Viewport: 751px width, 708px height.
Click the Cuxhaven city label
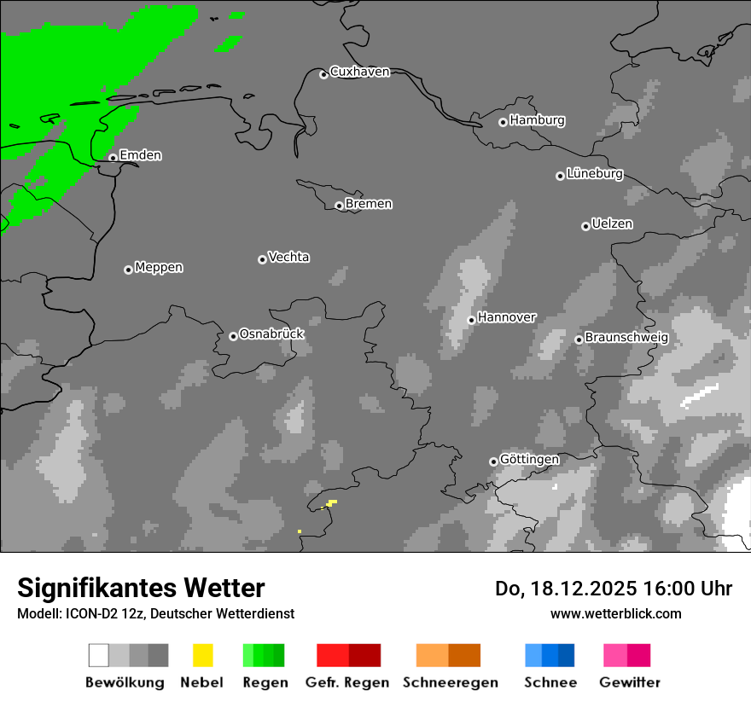click(359, 72)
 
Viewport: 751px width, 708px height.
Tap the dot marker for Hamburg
click(503, 122)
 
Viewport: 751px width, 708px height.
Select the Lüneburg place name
click(594, 173)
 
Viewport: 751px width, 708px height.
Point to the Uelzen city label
click(612, 223)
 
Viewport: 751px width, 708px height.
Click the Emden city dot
click(113, 158)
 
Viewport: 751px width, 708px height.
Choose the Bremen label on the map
click(369, 204)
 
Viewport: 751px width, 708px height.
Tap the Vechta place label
click(288, 257)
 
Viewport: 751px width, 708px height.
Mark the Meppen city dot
click(128, 270)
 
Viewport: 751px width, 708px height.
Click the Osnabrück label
click(271, 334)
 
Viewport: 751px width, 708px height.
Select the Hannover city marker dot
click(471, 320)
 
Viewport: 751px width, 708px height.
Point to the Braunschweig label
click(626, 337)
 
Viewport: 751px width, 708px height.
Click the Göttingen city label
click(529, 459)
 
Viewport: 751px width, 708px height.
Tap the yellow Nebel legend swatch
click(203, 655)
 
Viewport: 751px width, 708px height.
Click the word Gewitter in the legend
click(629, 682)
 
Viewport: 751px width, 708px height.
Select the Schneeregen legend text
click(450, 682)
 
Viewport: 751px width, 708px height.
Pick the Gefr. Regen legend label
click(346, 682)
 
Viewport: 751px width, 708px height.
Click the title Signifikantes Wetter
click(141, 588)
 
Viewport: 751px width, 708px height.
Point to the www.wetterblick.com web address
click(615, 613)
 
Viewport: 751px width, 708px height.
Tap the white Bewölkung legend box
click(99, 655)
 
